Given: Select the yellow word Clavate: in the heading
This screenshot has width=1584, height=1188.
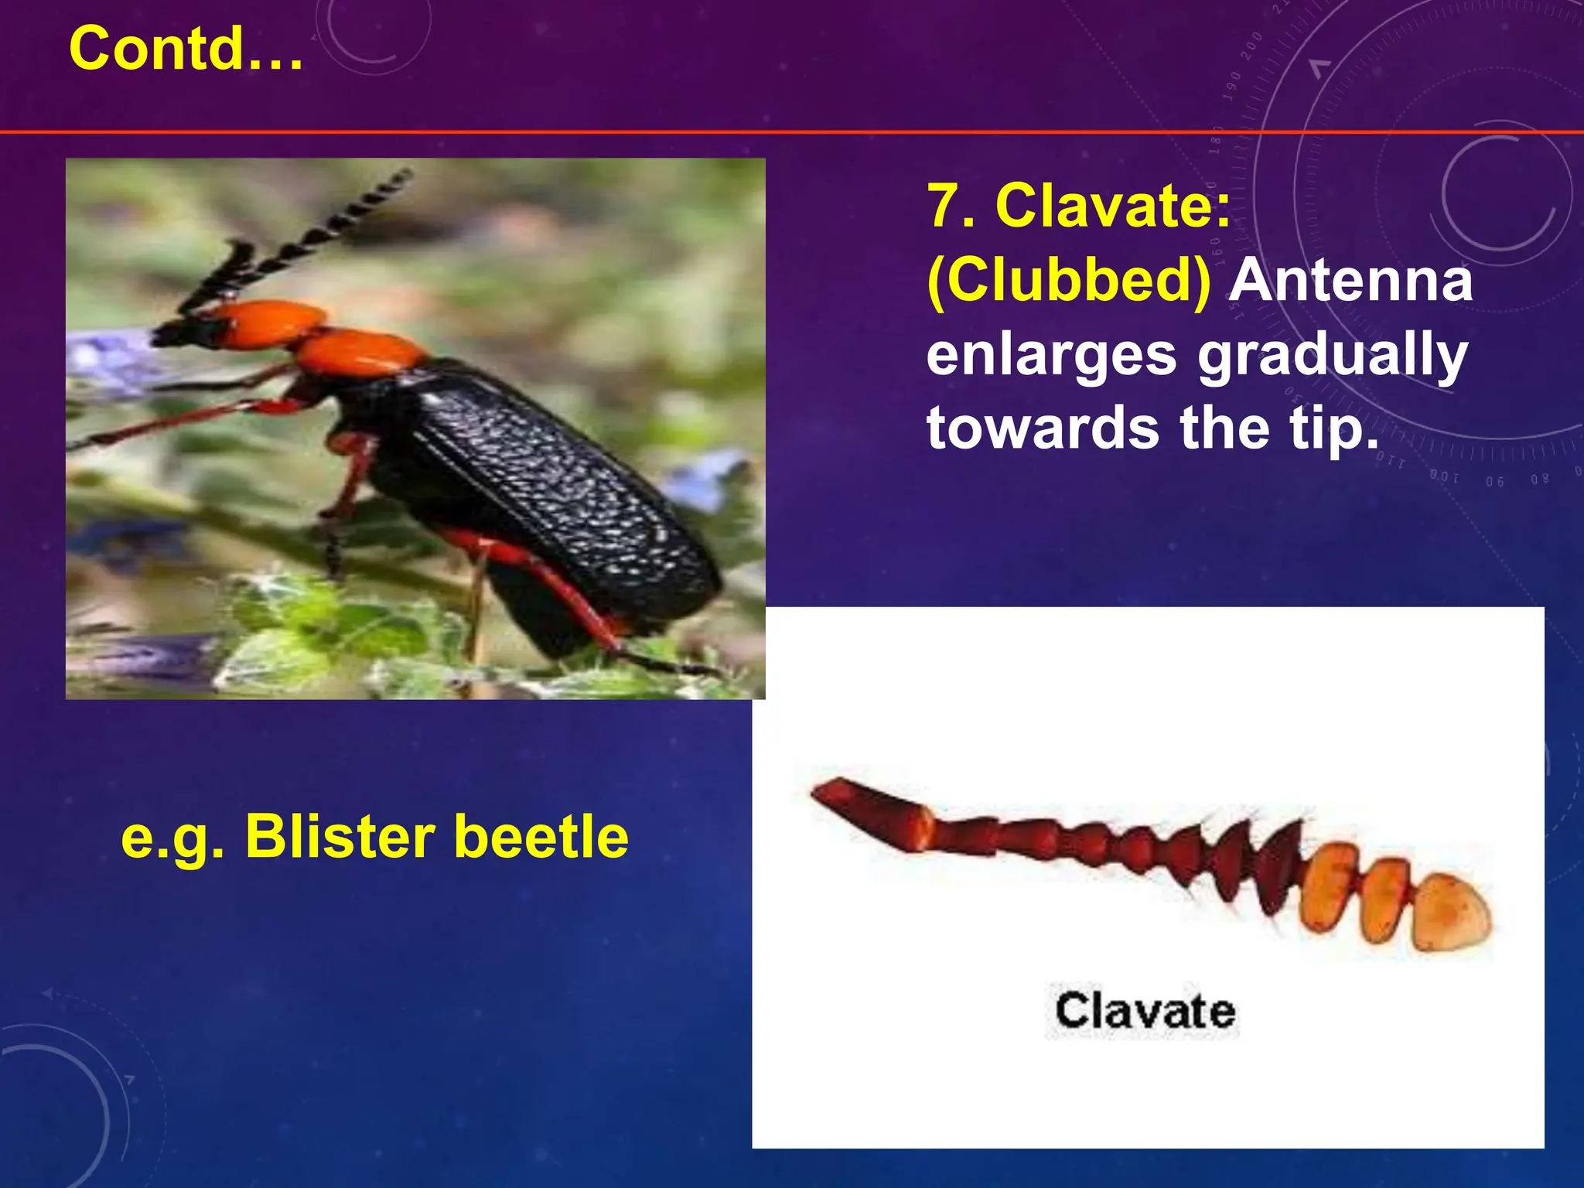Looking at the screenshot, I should point(1113,207).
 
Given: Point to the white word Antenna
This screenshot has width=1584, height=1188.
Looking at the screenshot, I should point(1350,281).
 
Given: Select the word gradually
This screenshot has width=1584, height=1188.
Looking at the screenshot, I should point(1333,355).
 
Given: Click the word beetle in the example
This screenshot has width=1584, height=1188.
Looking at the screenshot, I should point(541,838).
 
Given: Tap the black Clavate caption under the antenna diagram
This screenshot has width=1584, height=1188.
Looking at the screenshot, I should point(1145,1011).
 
